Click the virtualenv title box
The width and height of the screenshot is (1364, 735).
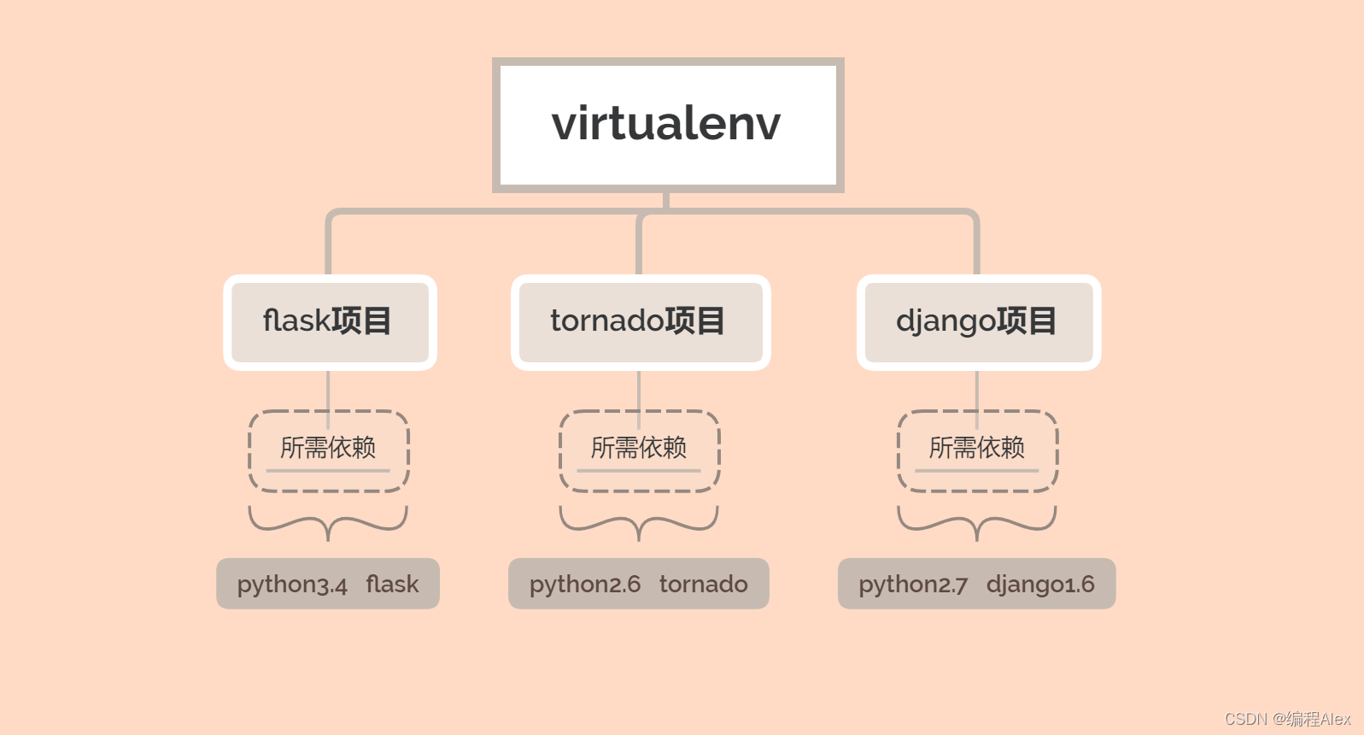(x=667, y=125)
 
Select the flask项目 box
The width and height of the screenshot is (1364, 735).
(x=329, y=322)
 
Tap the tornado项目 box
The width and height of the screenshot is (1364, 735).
(x=640, y=322)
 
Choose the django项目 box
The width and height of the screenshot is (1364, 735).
(x=978, y=322)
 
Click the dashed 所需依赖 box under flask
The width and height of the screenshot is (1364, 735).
(x=329, y=450)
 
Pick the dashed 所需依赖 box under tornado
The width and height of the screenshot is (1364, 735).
(x=640, y=450)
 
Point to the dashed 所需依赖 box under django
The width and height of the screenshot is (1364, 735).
(x=978, y=450)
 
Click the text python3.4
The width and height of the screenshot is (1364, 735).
(x=292, y=585)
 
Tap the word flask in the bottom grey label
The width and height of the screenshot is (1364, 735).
(x=392, y=585)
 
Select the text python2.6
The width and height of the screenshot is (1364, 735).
(x=585, y=585)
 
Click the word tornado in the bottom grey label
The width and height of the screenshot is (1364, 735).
(x=703, y=585)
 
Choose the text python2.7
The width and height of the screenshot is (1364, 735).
(x=913, y=585)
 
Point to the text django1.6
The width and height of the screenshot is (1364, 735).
(x=1040, y=585)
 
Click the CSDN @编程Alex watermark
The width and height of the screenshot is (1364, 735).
(x=1287, y=719)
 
